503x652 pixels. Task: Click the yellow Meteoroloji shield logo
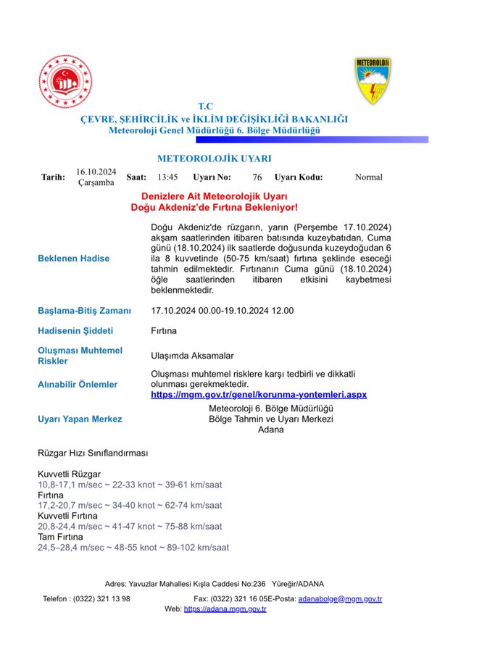pos(373,80)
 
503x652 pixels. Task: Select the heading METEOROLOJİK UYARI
pos(214,159)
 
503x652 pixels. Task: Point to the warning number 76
pos(257,177)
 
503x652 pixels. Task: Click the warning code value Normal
pos(368,177)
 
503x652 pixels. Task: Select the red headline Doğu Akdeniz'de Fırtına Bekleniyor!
pos(214,207)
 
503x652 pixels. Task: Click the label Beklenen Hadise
pos(73,259)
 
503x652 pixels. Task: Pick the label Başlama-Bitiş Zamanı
pos(84,311)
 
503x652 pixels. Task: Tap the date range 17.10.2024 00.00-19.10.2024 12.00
pos(222,311)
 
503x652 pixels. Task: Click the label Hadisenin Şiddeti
pos(75,331)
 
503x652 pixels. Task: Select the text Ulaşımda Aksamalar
pos(192,356)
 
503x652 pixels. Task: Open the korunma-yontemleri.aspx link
pos(259,394)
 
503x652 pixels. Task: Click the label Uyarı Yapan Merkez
pos(80,419)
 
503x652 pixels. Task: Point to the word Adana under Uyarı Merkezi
pos(270,430)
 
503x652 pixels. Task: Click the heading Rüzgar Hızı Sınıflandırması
pos(93,454)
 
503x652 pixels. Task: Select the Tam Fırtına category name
pos(61,537)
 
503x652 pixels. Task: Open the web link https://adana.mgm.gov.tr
pos(225,609)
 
